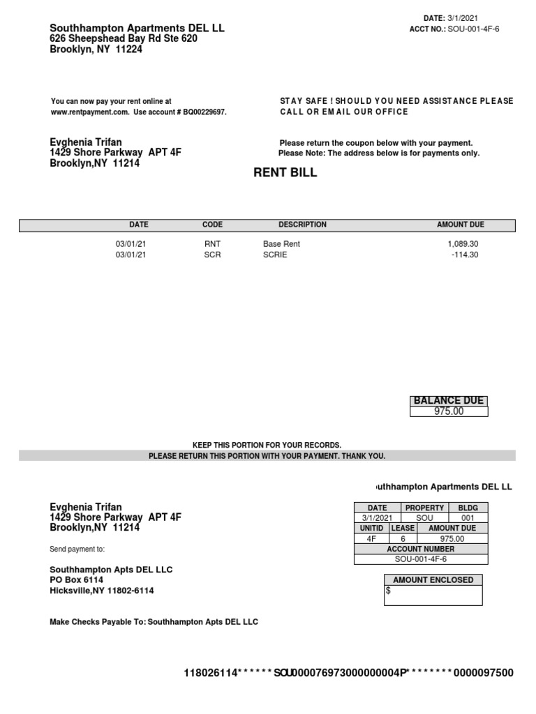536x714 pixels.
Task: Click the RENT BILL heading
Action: tap(285, 173)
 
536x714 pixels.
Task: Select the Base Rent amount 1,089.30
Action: tap(463, 244)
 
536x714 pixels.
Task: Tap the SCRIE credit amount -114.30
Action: tap(464, 255)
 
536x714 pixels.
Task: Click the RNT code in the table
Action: tap(211, 244)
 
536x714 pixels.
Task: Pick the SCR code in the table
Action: tap(211, 255)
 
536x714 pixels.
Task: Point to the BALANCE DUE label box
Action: tap(448, 401)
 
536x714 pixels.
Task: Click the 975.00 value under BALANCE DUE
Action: tap(448, 411)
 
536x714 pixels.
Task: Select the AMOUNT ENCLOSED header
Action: tap(433, 580)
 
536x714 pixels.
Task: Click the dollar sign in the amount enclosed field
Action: tap(388, 591)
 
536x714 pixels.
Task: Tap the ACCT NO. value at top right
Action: tap(474, 29)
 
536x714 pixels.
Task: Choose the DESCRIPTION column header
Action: tap(302, 225)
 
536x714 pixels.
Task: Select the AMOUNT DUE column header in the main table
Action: tap(460, 225)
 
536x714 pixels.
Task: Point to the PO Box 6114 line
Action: tap(76, 580)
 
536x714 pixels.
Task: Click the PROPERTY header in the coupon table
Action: tap(424, 508)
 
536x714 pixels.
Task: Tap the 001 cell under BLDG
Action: tap(468, 519)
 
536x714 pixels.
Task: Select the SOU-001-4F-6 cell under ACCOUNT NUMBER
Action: tap(422, 559)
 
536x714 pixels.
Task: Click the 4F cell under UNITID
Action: tap(371, 539)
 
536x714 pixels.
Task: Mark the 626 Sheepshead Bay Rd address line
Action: tap(124, 39)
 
